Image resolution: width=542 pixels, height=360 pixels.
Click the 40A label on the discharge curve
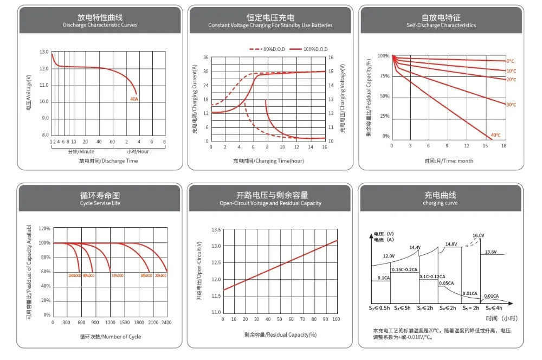tap(134, 99)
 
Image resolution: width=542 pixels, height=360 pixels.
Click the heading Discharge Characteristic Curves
tap(100, 25)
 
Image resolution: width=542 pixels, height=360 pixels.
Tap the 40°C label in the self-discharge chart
tap(495, 135)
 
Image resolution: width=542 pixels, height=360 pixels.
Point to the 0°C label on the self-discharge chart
tap(510, 61)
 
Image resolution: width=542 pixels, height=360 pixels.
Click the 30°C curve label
tap(511, 104)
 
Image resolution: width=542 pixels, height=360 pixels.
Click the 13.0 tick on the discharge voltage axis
tap(44, 52)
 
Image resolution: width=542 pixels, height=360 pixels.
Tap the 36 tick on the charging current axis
tap(206, 57)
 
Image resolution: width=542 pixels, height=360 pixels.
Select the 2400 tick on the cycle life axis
tap(167, 322)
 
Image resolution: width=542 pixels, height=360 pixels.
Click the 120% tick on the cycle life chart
tap(44, 228)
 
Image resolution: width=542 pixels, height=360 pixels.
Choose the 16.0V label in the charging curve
tap(478, 235)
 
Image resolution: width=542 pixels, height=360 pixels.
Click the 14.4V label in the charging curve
tap(415, 247)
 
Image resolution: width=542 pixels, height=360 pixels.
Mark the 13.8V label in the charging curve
tap(491, 252)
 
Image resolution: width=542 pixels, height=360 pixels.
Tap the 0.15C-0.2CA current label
tap(404, 269)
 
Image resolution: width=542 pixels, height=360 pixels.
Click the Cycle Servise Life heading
tap(100, 203)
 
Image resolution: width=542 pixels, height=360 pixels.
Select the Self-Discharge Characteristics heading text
tap(441, 25)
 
